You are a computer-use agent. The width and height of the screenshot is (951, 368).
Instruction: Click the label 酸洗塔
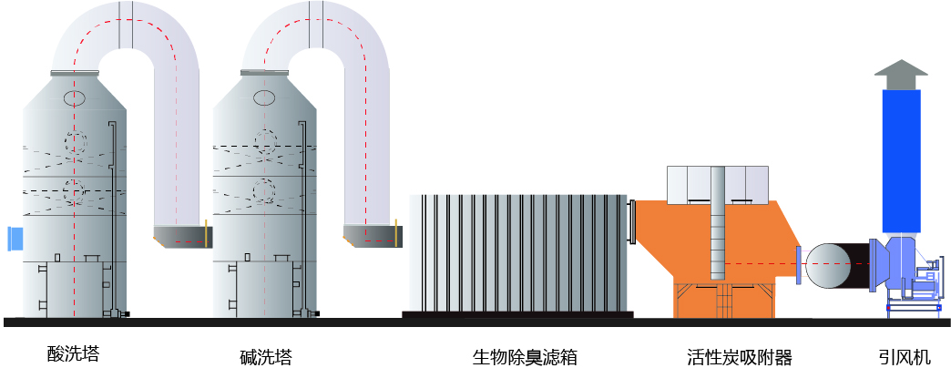click(x=73, y=352)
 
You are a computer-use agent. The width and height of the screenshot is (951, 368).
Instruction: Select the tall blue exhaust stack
click(x=902, y=159)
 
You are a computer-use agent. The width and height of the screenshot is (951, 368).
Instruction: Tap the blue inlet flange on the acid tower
click(x=15, y=239)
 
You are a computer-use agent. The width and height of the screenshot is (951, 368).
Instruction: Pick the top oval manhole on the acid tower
click(x=75, y=97)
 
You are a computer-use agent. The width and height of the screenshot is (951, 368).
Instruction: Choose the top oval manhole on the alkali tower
click(x=264, y=97)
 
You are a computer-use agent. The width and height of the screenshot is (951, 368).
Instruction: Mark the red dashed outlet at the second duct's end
click(x=383, y=240)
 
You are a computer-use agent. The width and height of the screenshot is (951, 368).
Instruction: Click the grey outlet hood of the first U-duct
click(x=179, y=237)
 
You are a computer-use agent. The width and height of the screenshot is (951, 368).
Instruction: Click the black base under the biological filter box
click(x=517, y=314)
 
